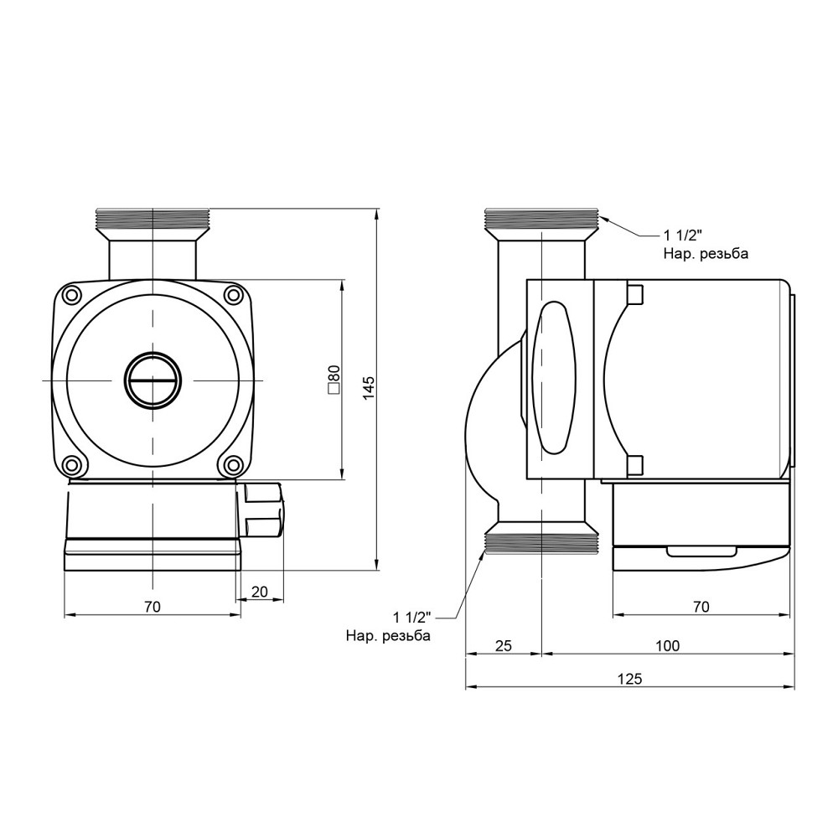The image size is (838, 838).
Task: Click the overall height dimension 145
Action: [370, 387]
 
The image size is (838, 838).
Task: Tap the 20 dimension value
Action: [260, 592]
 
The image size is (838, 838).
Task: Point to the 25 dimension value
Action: [503, 645]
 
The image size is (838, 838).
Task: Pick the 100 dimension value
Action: [668, 645]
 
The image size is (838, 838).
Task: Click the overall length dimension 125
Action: [630, 680]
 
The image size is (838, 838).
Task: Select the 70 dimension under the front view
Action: [152, 607]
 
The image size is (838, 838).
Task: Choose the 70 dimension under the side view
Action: [701, 607]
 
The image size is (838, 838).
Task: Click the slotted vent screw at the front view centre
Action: [152, 380]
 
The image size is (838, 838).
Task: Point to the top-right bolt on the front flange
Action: [231, 294]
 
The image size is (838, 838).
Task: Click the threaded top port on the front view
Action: [152, 220]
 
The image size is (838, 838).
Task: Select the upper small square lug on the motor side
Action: [634, 295]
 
